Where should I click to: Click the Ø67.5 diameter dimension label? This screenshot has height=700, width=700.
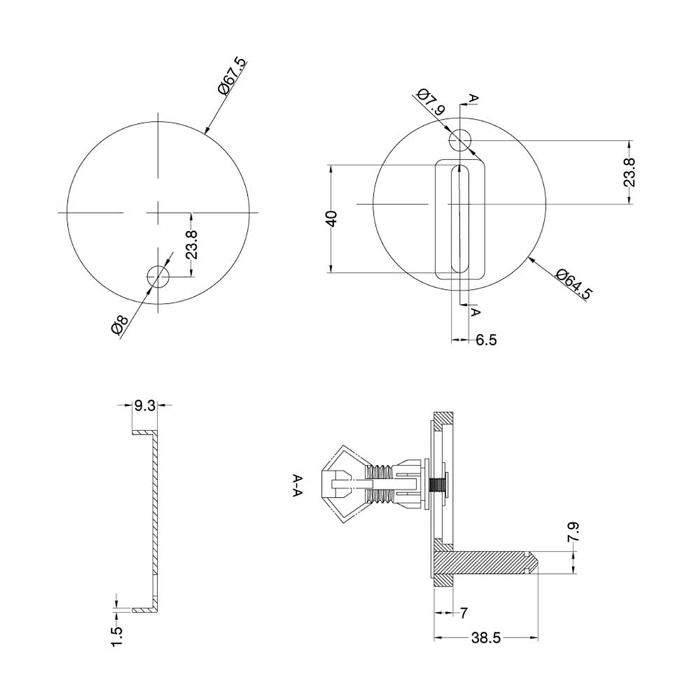click(x=232, y=76)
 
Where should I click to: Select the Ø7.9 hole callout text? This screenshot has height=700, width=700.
click(x=431, y=101)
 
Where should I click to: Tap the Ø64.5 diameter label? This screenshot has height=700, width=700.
click(x=575, y=284)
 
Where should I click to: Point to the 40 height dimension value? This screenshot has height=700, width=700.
click(x=332, y=218)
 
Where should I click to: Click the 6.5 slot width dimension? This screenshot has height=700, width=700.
click(x=486, y=340)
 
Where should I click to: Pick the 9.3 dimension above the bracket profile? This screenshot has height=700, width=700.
click(x=145, y=406)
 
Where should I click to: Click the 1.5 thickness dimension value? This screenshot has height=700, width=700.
click(x=116, y=636)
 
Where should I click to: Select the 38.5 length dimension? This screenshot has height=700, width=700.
click(x=486, y=638)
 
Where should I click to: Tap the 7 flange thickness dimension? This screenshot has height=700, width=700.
click(x=464, y=613)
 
